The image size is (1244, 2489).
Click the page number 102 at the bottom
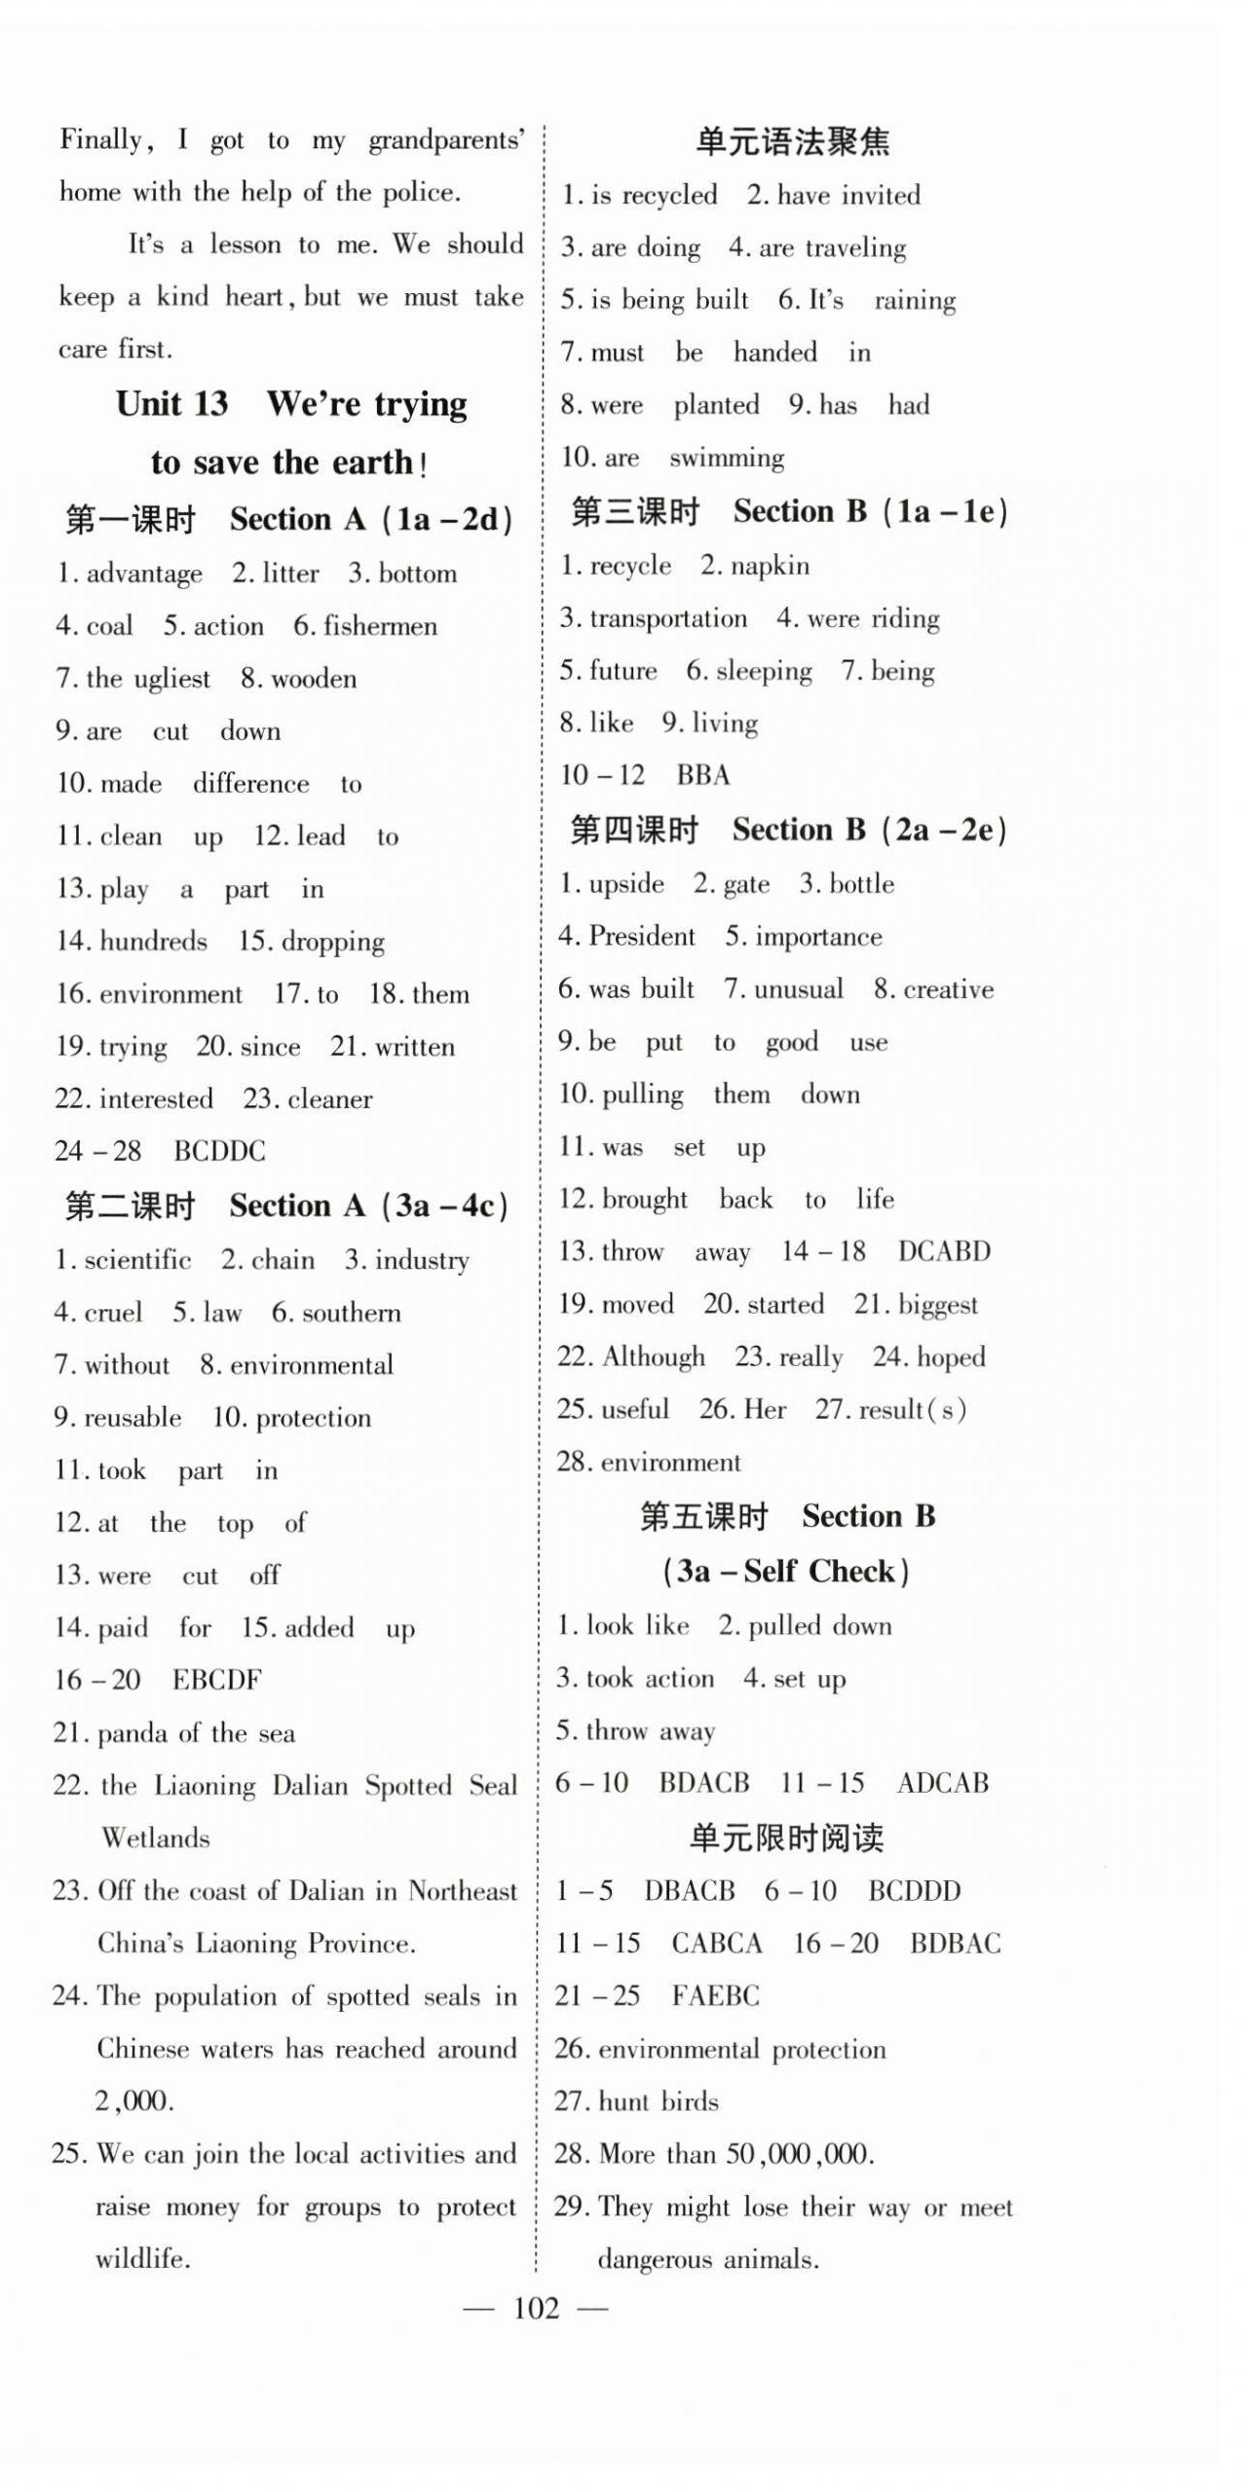[536, 2307]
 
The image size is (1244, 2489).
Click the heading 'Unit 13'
[172, 403]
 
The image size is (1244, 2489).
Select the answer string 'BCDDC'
[219, 1151]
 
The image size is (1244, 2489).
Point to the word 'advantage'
[144, 574]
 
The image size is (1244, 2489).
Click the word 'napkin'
[770, 566]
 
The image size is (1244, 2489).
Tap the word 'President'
[642, 936]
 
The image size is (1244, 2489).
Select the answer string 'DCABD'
[944, 1251]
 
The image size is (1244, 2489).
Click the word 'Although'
[654, 1356]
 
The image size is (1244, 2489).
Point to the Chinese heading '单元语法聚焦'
[792, 142]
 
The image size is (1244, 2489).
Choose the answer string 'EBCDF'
[216, 1680]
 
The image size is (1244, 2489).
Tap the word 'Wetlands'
[156, 1838]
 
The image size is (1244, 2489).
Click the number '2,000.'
[134, 2100]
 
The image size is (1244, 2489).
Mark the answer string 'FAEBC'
[715, 1995]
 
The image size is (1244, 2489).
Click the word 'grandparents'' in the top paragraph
[446, 141]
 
